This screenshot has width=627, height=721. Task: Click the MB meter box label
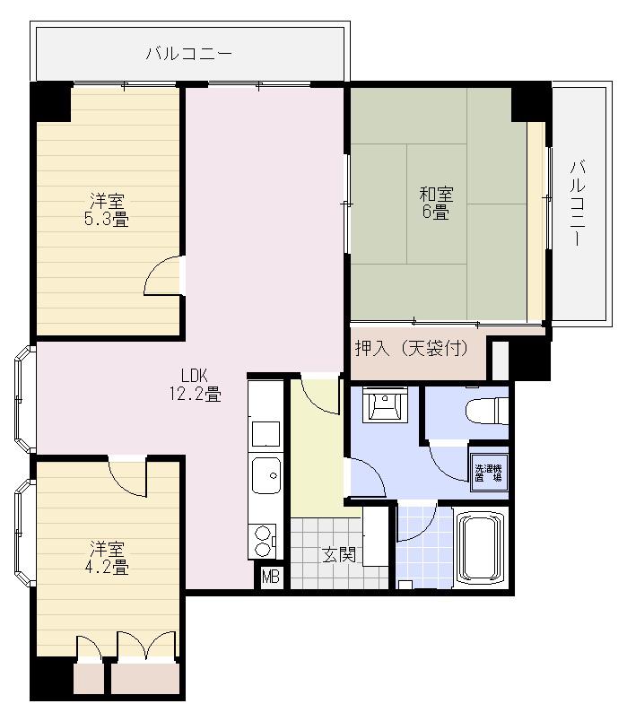(x=271, y=577)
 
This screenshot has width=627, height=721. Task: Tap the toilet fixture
(x=487, y=411)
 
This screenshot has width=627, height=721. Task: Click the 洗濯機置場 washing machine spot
(x=488, y=473)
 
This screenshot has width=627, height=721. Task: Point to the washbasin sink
(x=385, y=404)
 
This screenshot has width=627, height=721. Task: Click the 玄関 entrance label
(x=339, y=554)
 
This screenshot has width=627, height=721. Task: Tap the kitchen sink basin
(x=266, y=475)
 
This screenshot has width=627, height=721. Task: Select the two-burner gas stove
(x=263, y=542)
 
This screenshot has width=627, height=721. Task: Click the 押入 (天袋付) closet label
(x=412, y=348)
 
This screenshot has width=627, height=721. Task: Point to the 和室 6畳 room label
(x=436, y=203)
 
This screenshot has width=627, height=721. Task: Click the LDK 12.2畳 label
(x=195, y=385)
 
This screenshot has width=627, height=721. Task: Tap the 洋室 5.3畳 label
(x=106, y=210)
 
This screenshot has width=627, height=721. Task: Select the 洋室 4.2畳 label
(x=106, y=557)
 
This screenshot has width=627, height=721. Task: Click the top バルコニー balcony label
(x=189, y=54)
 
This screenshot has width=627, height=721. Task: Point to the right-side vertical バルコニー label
(x=578, y=203)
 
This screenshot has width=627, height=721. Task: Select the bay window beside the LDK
(x=24, y=399)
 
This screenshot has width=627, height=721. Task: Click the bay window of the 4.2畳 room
(x=24, y=533)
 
